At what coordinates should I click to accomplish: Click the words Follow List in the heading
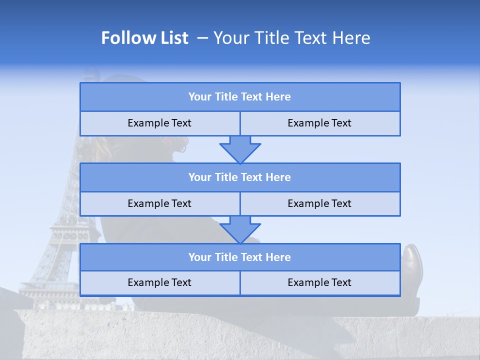(144, 38)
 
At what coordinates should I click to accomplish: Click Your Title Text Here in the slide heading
(291, 38)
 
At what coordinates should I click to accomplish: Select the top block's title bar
(239, 97)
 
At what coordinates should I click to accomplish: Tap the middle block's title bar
(239, 177)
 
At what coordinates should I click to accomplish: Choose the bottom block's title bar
(239, 257)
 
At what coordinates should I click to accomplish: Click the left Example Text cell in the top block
(159, 123)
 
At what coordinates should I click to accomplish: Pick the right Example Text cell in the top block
(319, 123)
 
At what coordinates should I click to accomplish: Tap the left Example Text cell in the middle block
(159, 204)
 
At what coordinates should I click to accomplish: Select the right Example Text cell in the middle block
(319, 204)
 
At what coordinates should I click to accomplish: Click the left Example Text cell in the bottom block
(159, 283)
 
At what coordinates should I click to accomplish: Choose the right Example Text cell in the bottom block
(319, 283)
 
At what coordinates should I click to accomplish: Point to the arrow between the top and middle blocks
(240, 149)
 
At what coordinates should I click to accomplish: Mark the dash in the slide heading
(203, 38)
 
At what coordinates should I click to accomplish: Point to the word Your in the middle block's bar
(199, 177)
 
